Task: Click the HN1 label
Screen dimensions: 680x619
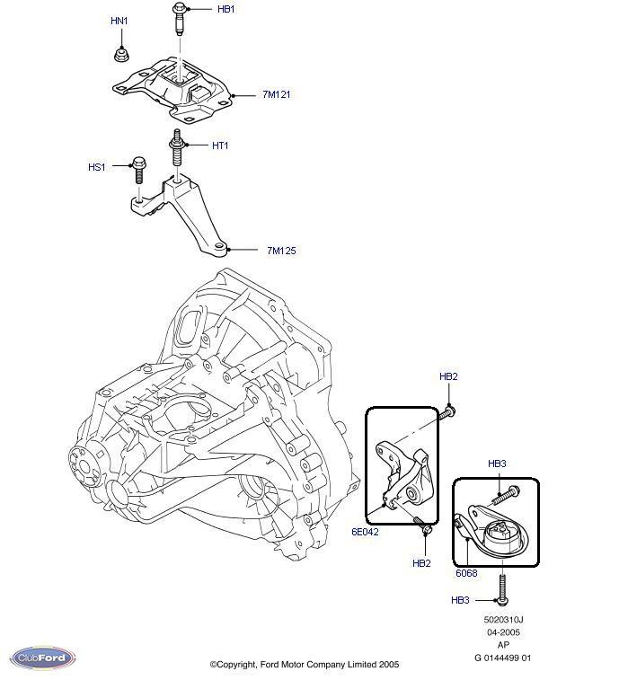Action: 119,20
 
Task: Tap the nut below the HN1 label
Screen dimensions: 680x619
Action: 120,56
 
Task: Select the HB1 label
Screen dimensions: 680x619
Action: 225,9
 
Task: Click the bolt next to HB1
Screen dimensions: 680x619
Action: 178,20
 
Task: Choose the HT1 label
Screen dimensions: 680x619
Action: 220,146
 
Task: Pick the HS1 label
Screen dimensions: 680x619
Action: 96,167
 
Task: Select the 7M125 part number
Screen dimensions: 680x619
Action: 280,250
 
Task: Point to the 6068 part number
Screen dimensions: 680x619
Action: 466,572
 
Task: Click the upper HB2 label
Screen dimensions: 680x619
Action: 448,376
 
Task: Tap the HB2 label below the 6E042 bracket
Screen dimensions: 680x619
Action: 422,563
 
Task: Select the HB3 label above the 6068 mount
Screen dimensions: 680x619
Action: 497,464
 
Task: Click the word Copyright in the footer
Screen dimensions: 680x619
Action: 249,665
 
